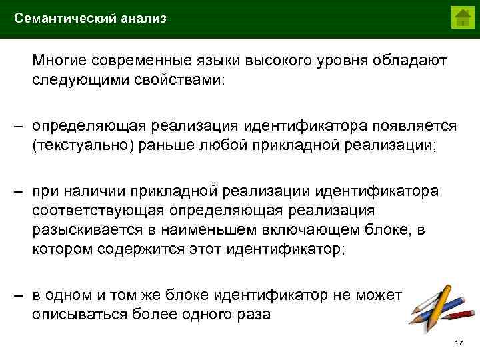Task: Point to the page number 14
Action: (458, 343)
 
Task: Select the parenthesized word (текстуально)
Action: (83, 145)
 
